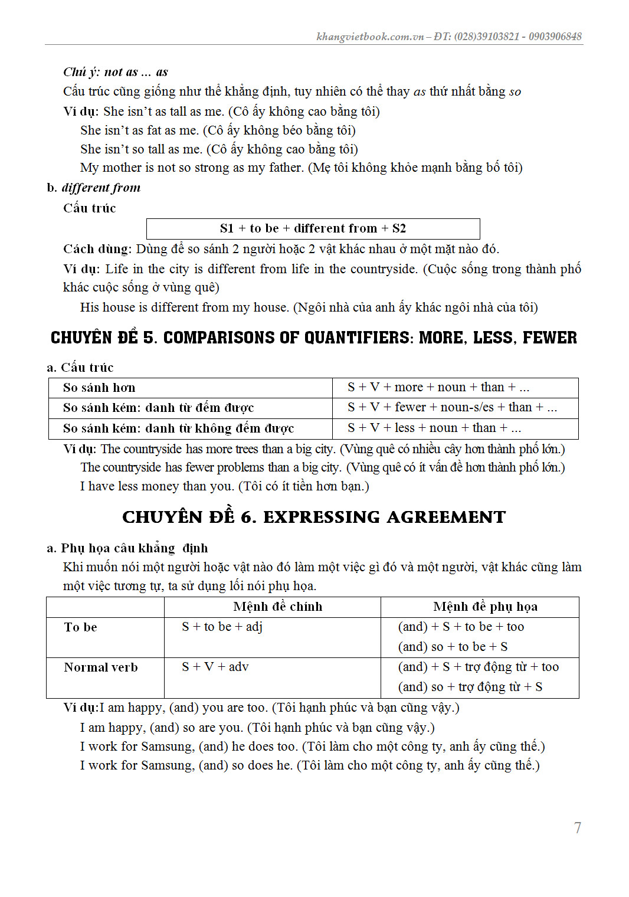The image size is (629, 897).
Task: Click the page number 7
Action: click(x=578, y=827)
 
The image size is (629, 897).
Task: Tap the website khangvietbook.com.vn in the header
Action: click(x=370, y=37)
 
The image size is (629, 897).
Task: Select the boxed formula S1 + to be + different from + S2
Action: click(x=313, y=228)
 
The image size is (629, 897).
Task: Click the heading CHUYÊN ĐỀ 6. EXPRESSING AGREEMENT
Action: click(x=314, y=517)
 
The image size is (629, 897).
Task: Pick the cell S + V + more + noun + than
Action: click(x=438, y=387)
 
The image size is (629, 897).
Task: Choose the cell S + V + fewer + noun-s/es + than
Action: click(x=452, y=407)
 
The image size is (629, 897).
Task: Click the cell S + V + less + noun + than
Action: click(x=434, y=428)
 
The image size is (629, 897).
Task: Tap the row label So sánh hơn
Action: click(x=99, y=388)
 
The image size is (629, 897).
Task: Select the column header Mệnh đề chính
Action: click(x=277, y=607)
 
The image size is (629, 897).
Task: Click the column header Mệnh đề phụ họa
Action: click(x=485, y=607)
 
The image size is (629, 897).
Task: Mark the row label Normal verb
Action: click(x=101, y=667)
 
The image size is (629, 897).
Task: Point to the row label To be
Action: click(x=80, y=627)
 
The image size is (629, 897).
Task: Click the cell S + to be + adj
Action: click(x=222, y=627)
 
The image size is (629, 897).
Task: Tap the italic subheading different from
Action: click(x=101, y=188)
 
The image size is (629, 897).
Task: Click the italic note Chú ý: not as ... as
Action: click(x=116, y=72)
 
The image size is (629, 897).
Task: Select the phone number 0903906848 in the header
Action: click(x=555, y=37)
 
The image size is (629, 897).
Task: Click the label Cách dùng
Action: click(x=97, y=249)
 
